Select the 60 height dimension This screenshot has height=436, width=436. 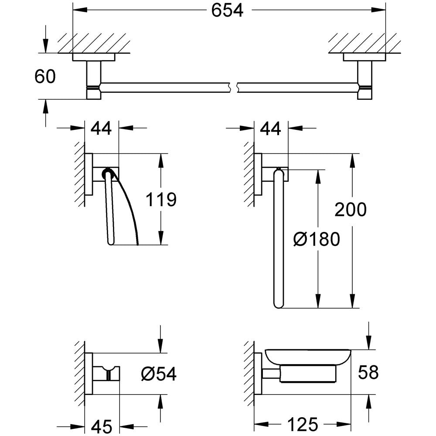pyautogui.click(x=45, y=77)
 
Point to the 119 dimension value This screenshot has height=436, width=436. pyautogui.click(x=161, y=200)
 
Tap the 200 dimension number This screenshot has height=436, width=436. pyautogui.click(x=351, y=210)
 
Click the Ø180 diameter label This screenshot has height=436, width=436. pyautogui.click(x=316, y=239)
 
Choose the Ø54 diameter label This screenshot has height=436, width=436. pyautogui.click(x=159, y=373)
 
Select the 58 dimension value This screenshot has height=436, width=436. pyautogui.click(x=368, y=372)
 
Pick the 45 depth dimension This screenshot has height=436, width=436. pyautogui.click(x=102, y=425)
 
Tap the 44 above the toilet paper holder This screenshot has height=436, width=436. pyautogui.click(x=101, y=129)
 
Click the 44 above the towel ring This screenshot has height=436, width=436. pyautogui.click(x=270, y=129)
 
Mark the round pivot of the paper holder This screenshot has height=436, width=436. pyautogui.click(x=107, y=175)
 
